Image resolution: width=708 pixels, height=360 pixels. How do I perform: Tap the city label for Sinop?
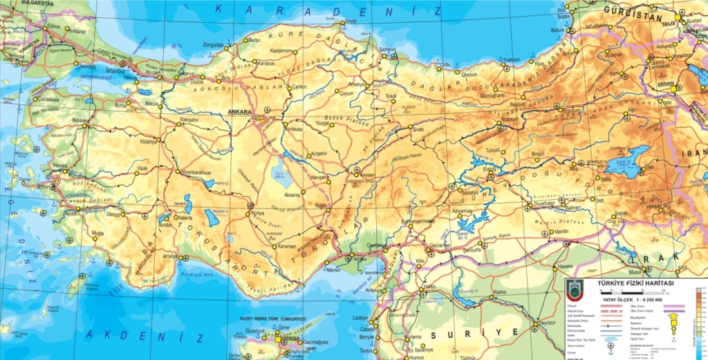click(x=351, y=21)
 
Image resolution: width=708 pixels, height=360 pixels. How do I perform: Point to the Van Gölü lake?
click(x=624, y=164)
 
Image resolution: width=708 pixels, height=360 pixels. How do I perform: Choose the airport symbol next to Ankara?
click(x=268, y=111)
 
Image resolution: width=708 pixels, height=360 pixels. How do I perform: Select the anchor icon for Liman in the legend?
click(x=610, y=352)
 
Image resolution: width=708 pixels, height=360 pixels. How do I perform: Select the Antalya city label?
click(x=169, y=256)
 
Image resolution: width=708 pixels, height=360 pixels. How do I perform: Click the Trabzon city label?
click(x=512, y=60)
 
